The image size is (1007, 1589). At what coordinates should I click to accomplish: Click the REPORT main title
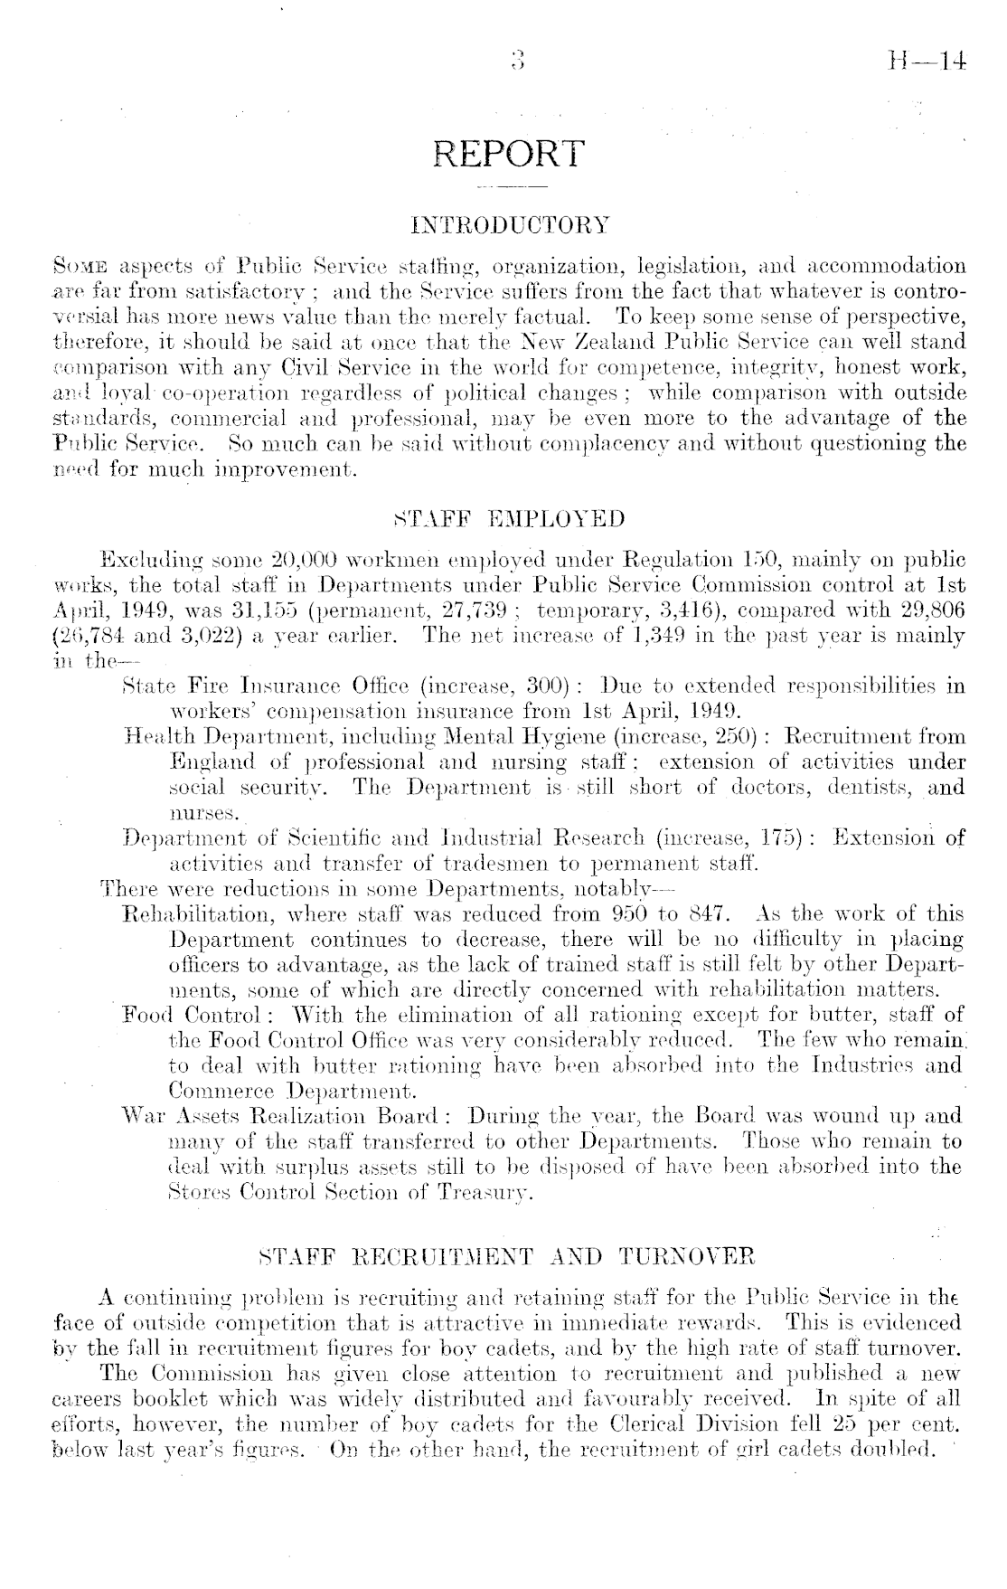[x=510, y=154]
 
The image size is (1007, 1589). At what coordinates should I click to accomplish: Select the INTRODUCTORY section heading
[x=510, y=222]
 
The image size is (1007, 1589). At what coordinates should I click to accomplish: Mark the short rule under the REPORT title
[x=510, y=188]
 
